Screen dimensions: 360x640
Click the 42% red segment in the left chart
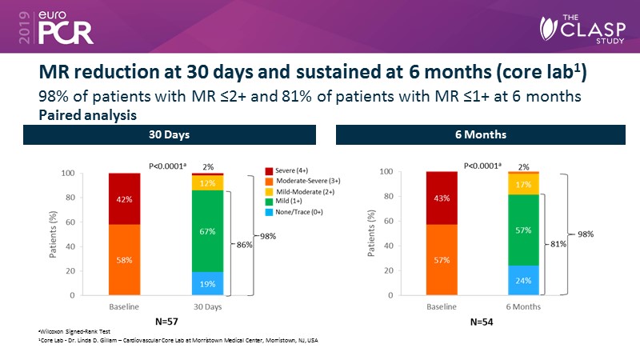[125, 198]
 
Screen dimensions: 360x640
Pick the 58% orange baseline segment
[125, 260]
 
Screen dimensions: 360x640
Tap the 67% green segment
[207, 230]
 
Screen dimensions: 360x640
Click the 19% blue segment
[207, 283]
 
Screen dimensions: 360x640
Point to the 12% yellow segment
[207, 183]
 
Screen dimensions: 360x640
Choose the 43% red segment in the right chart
[442, 198]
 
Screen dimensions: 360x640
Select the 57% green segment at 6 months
[522, 230]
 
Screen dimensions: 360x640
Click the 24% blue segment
[522, 280]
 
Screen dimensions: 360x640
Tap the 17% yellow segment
[522, 184]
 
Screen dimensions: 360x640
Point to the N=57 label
[166, 321]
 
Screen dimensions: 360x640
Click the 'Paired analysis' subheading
[88, 114]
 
